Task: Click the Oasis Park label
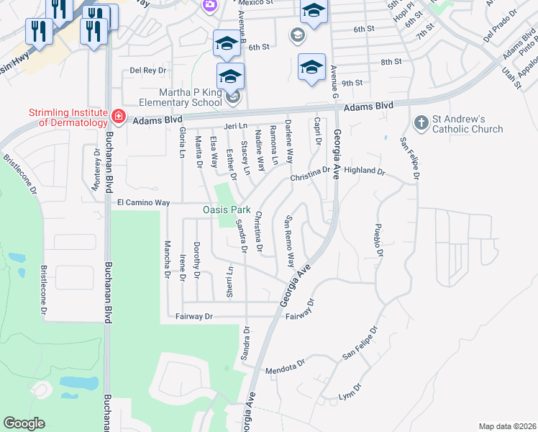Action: click(x=226, y=210)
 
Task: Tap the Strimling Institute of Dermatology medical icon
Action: click(x=118, y=116)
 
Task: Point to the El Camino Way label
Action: click(x=143, y=204)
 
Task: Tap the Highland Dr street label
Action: click(x=365, y=172)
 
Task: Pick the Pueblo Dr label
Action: click(x=376, y=244)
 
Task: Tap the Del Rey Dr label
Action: click(x=148, y=71)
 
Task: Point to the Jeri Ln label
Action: click(x=235, y=126)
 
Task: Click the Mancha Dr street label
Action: click(x=167, y=258)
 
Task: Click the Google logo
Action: click(x=24, y=423)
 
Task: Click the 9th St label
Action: click(x=352, y=83)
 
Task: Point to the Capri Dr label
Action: click(x=316, y=133)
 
